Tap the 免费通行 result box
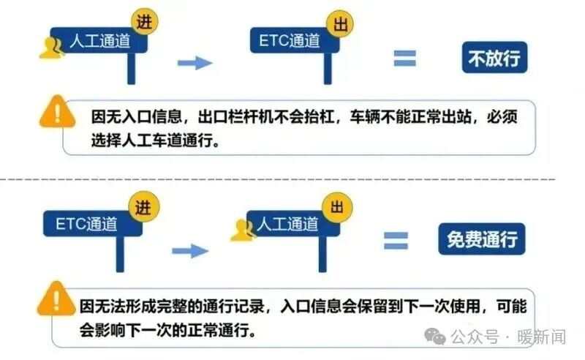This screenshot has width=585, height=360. pyautogui.click(x=482, y=239)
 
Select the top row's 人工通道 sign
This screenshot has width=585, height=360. pyautogui.click(x=99, y=42)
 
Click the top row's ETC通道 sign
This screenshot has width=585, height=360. pyautogui.click(x=290, y=41)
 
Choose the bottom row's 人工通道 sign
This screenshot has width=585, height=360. pyautogui.click(x=290, y=223)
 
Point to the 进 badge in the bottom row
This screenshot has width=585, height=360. pyautogui.click(x=143, y=206)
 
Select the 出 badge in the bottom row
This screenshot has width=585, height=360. pyautogui.click(x=337, y=206)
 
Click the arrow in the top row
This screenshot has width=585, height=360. pyautogui.click(x=195, y=63)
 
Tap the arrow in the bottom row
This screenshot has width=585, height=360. pyautogui.click(x=190, y=250)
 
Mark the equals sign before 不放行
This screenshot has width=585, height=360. pyautogui.click(x=404, y=59)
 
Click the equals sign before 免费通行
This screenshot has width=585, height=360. pyautogui.click(x=396, y=241)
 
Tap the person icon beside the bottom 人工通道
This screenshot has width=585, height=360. pyautogui.click(x=242, y=230)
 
